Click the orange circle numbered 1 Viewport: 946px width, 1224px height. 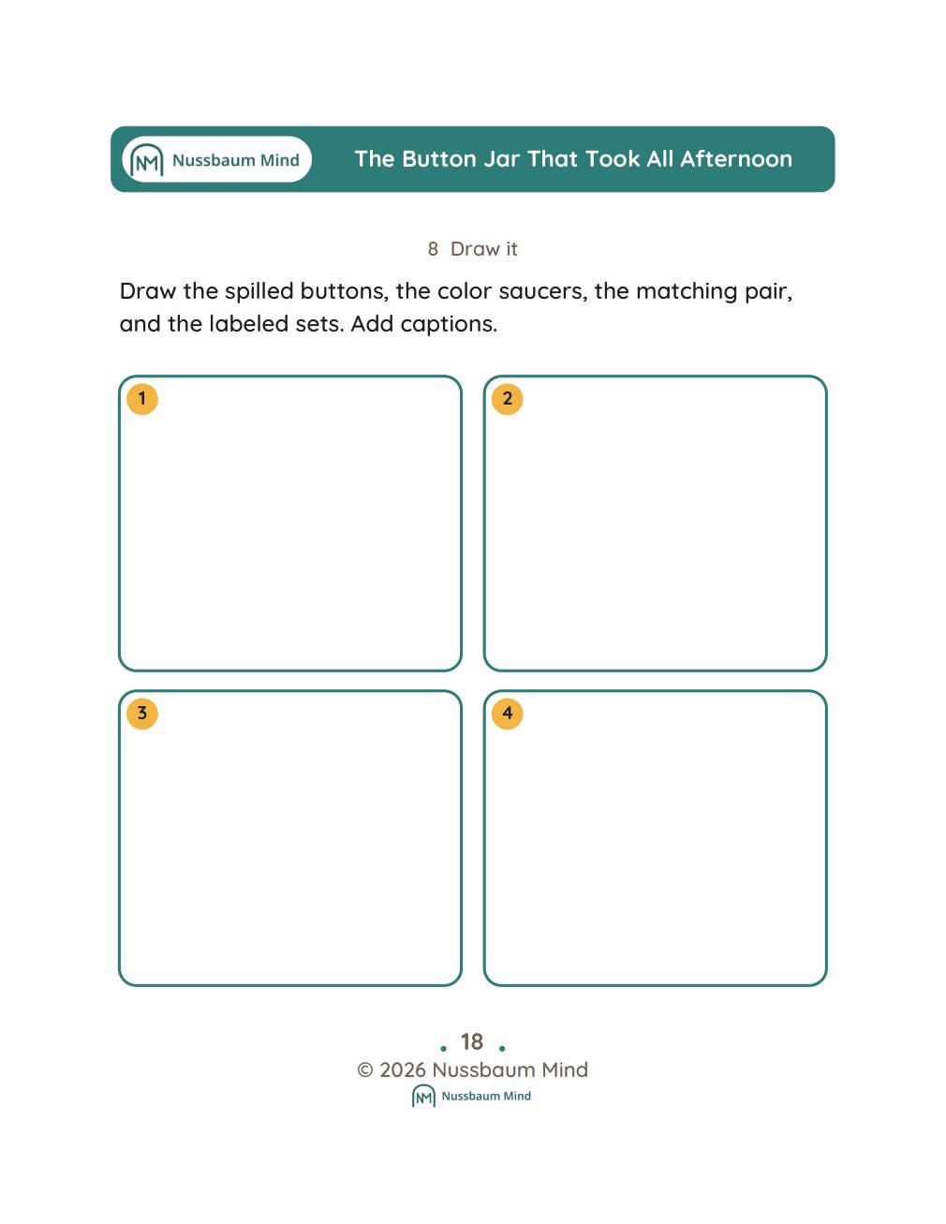142,399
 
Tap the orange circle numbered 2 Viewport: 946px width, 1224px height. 508,399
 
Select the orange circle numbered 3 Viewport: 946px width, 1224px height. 142,713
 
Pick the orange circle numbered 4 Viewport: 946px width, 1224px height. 508,713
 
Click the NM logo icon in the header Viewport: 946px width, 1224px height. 147,159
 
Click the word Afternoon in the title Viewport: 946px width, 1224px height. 736,159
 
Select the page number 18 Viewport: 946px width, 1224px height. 472,1041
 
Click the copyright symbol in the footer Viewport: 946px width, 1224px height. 365,1069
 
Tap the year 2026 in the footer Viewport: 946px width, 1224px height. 403,1069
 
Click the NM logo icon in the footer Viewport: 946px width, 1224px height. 423,1096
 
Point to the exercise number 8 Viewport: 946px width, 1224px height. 433,249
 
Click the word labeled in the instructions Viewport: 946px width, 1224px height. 248,324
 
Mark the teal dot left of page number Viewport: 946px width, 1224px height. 444,1048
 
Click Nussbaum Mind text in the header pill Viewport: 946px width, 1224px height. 235,160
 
